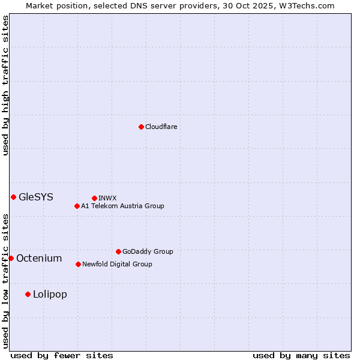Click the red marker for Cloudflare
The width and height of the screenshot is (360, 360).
141,127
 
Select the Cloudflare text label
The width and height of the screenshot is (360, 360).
161,127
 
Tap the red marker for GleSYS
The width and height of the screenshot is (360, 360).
13,197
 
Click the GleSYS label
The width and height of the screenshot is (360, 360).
36,197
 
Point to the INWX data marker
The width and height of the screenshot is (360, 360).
94,198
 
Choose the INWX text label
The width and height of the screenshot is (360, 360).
107,198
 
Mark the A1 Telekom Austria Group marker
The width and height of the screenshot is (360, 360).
77,206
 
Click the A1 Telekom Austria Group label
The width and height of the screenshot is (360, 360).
122,206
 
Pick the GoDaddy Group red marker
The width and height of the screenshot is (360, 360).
118,251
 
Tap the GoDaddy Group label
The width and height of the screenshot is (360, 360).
148,251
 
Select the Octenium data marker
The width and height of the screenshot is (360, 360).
11,258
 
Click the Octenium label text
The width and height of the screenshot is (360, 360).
39,258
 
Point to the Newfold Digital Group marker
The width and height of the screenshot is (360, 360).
78,264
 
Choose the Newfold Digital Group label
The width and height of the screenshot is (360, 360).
117,264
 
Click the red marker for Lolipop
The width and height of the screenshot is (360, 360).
28,294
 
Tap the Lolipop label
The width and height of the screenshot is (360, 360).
50,294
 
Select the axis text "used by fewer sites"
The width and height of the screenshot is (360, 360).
62,355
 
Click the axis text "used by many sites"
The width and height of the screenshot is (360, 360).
301,355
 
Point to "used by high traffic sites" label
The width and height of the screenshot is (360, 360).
5,85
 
